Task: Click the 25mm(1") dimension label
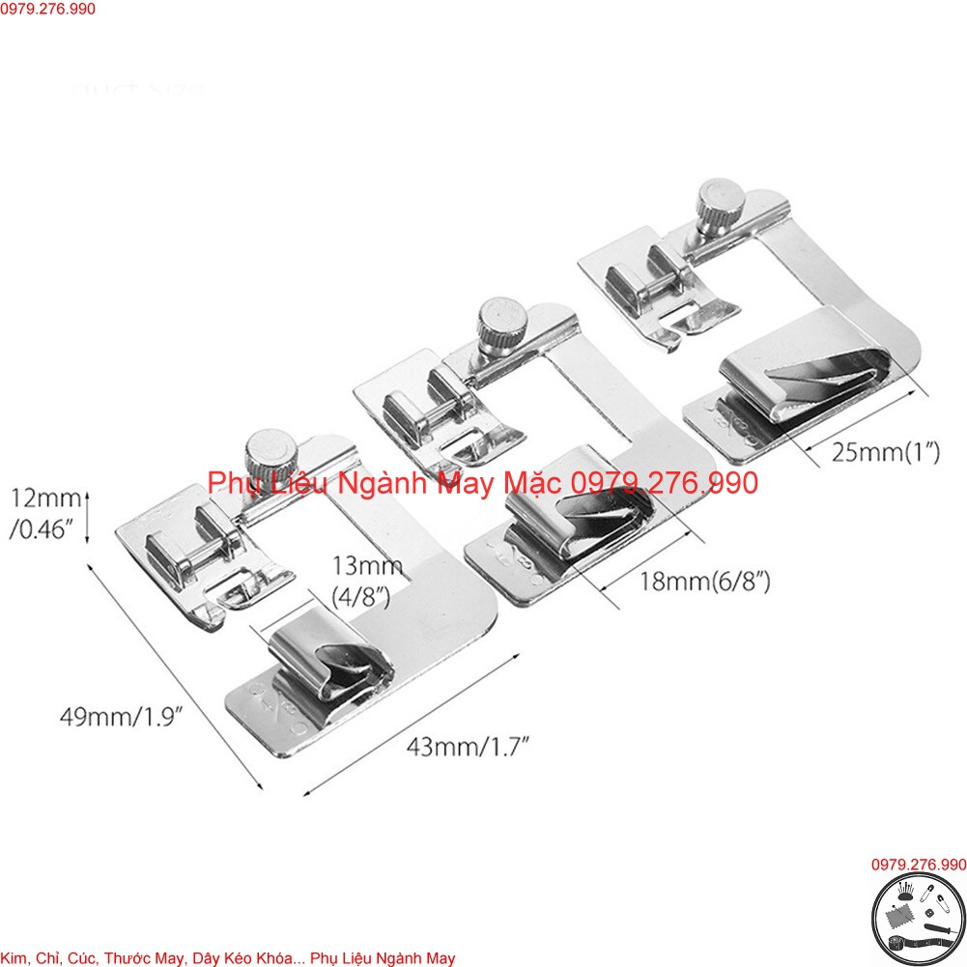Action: (886, 452)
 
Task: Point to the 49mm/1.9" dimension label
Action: (122, 717)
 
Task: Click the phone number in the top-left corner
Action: (48, 9)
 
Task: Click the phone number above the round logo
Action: (918, 865)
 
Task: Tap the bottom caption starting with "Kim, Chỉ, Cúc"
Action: (228, 957)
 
